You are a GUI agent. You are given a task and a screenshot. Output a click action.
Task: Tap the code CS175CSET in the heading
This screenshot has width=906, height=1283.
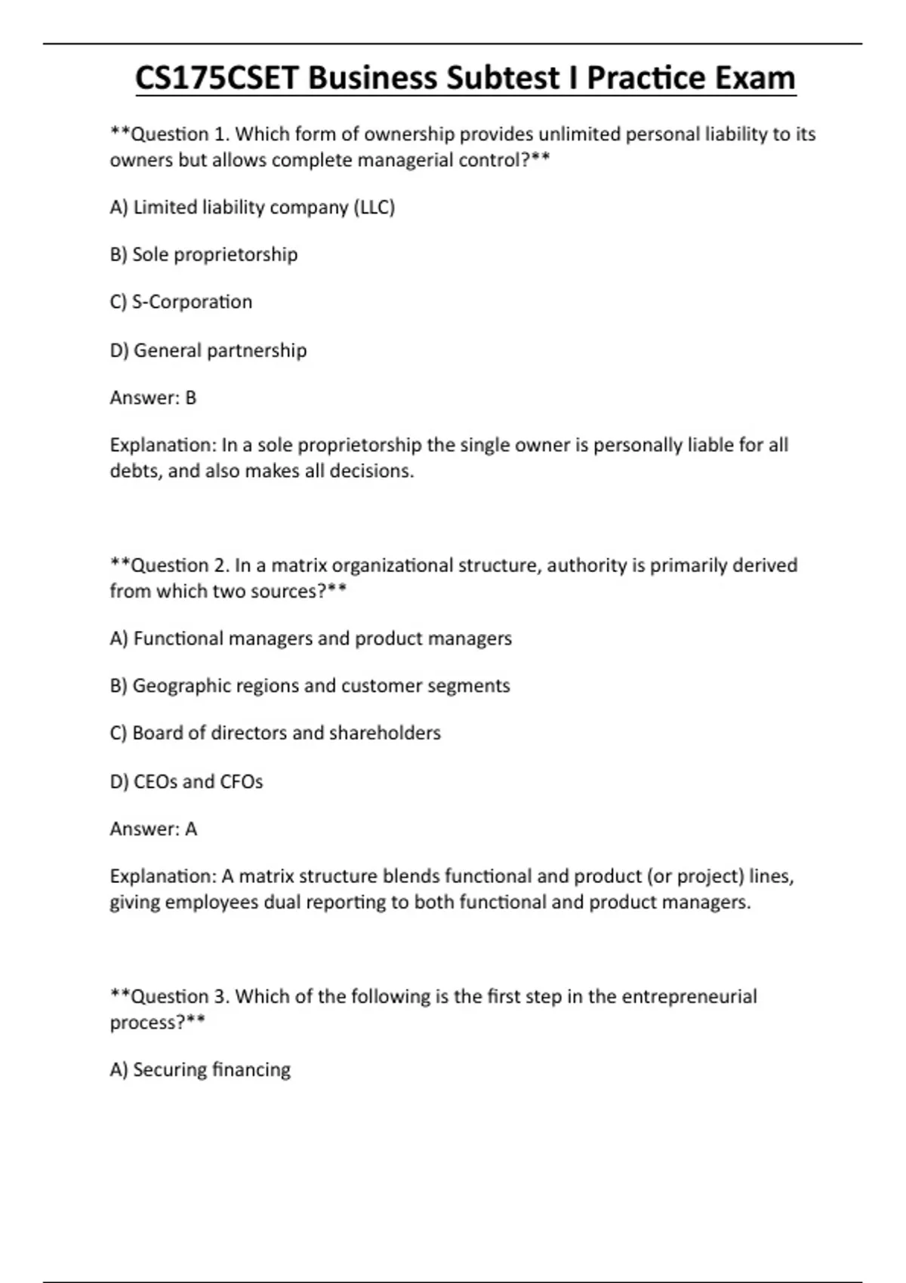pos(220,78)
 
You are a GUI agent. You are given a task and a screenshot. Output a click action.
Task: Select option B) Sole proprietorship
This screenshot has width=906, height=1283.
pos(204,254)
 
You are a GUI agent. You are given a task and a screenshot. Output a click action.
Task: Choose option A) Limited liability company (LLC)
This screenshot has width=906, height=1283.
pos(252,208)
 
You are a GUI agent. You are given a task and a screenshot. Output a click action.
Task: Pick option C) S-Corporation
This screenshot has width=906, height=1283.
pos(181,302)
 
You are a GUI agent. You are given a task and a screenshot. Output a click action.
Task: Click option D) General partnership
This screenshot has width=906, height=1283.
pos(208,351)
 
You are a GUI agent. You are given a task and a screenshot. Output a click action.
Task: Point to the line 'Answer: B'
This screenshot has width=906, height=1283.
pos(153,398)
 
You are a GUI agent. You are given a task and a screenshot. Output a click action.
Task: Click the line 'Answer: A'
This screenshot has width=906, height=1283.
pos(153,829)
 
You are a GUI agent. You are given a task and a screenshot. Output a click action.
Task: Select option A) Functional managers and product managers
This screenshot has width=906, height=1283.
pos(310,638)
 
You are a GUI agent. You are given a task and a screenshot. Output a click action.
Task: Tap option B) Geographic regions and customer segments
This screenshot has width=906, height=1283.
pos(310,686)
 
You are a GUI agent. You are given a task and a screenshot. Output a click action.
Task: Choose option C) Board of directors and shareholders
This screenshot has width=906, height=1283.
pos(275,733)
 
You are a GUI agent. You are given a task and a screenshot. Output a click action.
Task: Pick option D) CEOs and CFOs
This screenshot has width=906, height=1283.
pos(186,782)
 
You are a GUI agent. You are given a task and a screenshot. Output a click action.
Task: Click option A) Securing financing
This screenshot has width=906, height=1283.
pos(200,1070)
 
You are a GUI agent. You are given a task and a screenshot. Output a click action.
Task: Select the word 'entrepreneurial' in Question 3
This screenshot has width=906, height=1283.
pos(689,997)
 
